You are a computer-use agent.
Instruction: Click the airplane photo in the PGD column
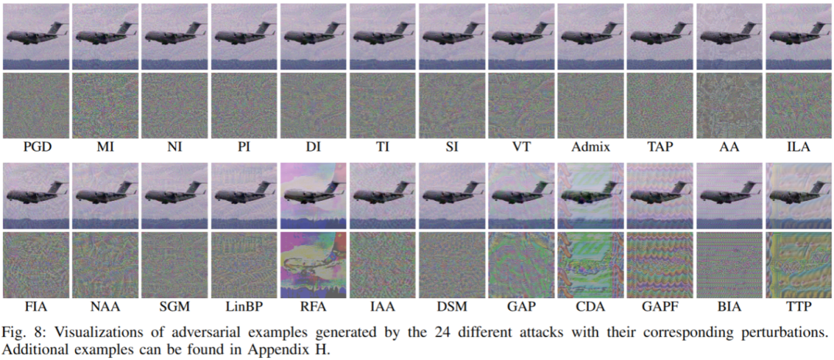[x=36, y=36]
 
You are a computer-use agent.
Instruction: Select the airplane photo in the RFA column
[x=312, y=196]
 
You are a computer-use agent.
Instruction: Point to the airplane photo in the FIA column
[x=36, y=196]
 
